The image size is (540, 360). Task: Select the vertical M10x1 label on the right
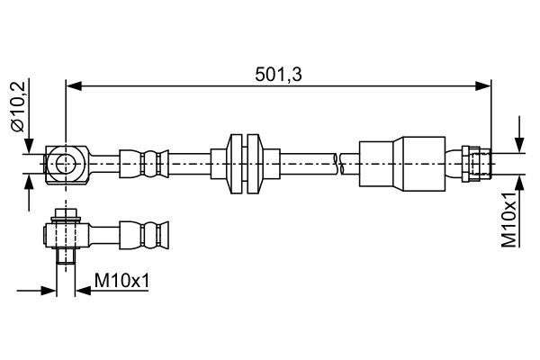tap(510, 219)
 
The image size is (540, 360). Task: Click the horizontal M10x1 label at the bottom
tap(121, 282)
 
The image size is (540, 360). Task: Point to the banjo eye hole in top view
tap(67, 163)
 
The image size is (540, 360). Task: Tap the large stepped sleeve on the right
tap(401, 163)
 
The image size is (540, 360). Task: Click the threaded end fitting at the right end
tap(476, 163)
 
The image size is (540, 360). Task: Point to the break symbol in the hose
tap(337, 163)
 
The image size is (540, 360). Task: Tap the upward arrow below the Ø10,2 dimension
tap(31, 179)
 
